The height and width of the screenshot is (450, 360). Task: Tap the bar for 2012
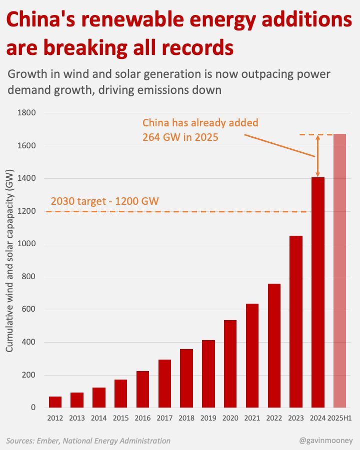pos(55,402)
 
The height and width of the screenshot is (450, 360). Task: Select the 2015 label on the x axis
pos(120,418)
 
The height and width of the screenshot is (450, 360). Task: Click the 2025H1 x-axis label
pos(340,418)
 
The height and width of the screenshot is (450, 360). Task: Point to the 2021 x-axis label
pos(252,418)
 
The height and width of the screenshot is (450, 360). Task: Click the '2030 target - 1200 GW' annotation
pos(104,202)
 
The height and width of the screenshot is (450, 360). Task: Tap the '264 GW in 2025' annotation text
pos(180,137)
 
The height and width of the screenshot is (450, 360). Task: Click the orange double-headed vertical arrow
pos(317,156)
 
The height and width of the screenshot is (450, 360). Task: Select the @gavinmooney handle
pos(326,441)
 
